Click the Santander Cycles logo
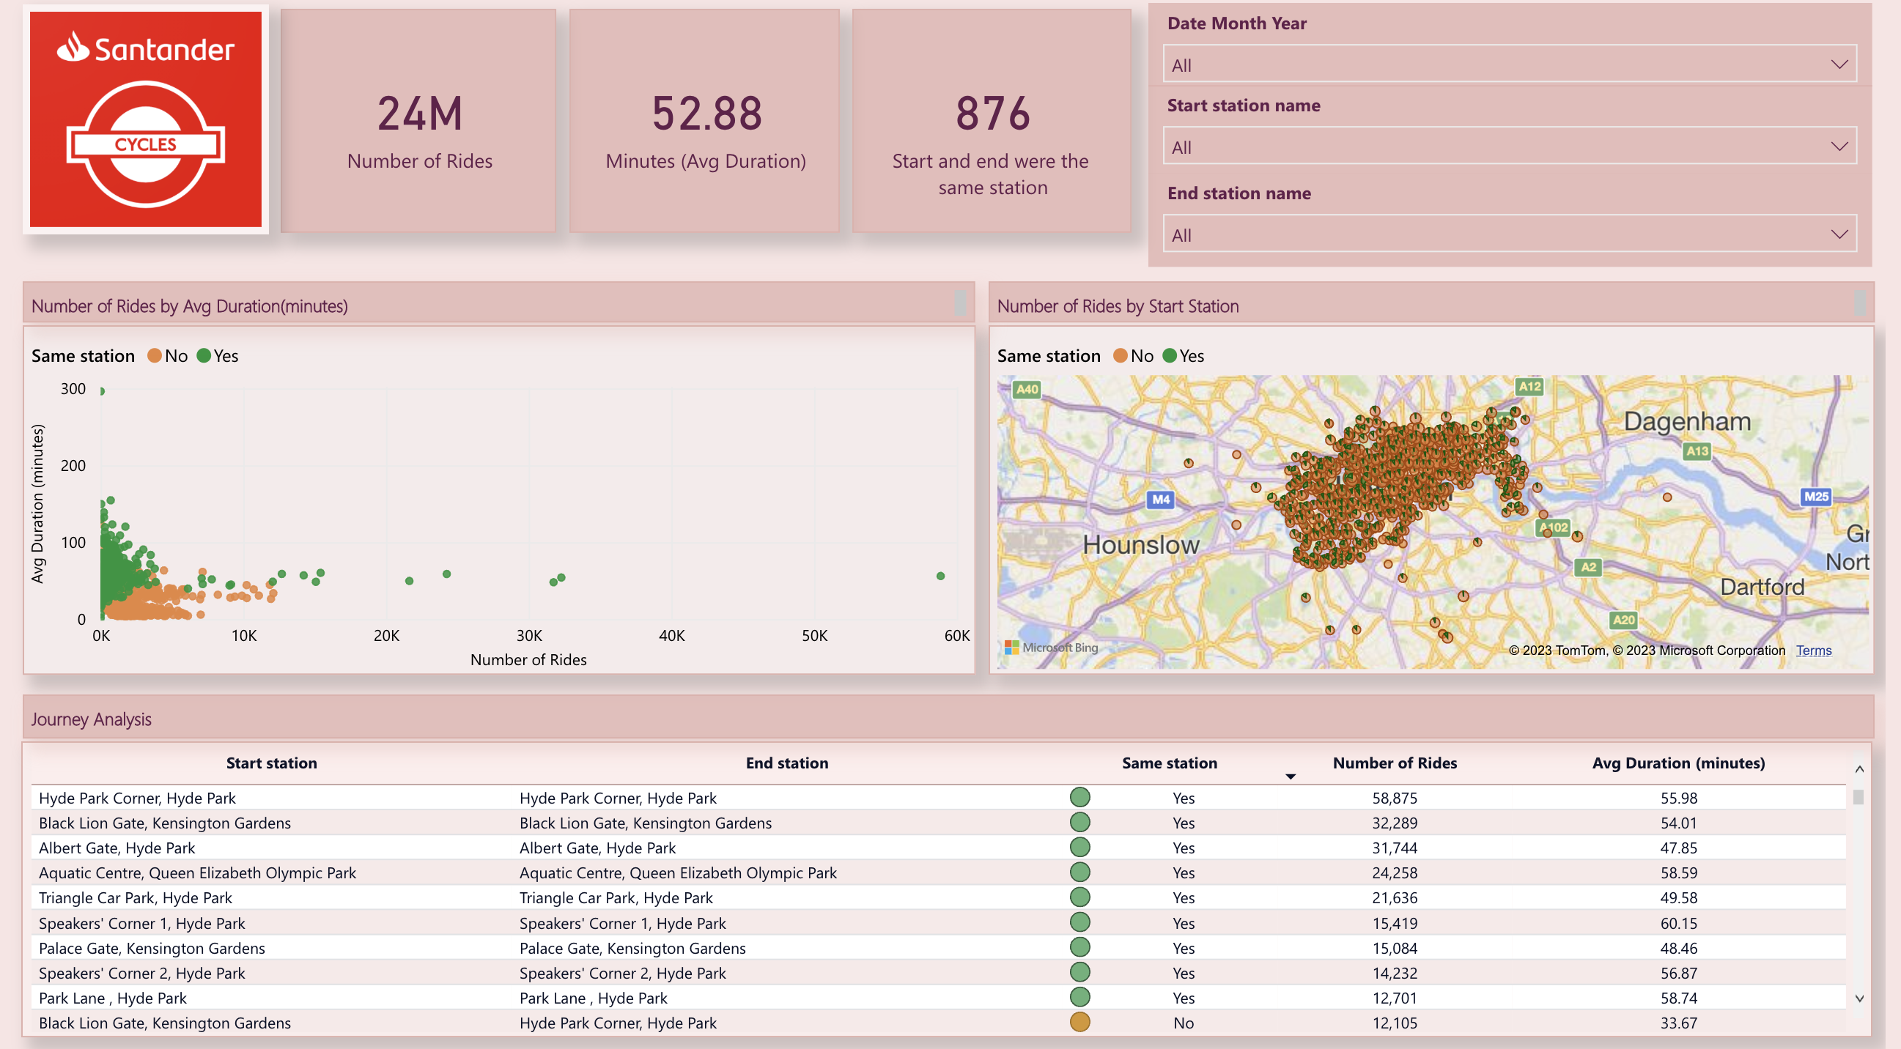[145, 119]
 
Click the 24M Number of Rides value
[419, 114]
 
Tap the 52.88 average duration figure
[706, 114]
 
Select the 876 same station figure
[992, 114]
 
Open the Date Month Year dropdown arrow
[1838, 64]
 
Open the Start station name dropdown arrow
[1838, 146]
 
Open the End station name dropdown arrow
[1838, 234]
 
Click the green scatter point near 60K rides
[940, 575]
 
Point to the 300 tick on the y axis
[73, 389]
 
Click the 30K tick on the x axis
[528, 635]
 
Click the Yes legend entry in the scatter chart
[218, 355]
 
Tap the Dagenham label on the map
[1686, 421]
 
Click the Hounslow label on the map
[1140, 544]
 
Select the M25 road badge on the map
[1815, 497]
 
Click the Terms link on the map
[1813, 650]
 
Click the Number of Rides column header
[1394, 763]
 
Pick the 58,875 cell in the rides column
[1394, 798]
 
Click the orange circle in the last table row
[1079, 1022]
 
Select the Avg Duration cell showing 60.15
[1678, 923]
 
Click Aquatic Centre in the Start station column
[197, 872]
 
